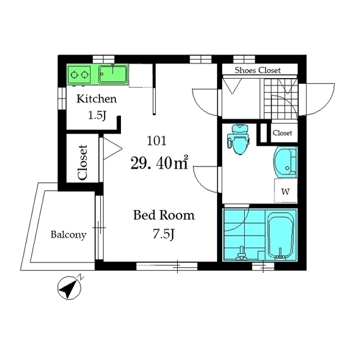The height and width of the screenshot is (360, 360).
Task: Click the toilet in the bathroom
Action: (x=238, y=140)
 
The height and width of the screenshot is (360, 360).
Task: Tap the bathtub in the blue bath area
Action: (x=281, y=235)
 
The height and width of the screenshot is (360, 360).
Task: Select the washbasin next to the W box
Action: (x=285, y=162)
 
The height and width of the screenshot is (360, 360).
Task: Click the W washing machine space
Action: (x=286, y=191)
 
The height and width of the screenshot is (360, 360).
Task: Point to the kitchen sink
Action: (x=112, y=74)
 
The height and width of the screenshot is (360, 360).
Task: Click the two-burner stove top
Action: (x=79, y=75)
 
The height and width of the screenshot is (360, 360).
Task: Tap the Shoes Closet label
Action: (x=258, y=70)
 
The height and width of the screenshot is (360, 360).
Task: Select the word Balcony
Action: (x=69, y=235)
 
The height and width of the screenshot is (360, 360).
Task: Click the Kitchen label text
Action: (x=96, y=99)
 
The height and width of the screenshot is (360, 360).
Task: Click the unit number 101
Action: (x=156, y=141)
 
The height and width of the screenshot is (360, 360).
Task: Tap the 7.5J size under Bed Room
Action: (x=164, y=234)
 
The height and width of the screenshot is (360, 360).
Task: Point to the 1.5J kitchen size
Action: (x=97, y=115)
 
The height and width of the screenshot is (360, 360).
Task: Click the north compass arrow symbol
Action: (x=69, y=286)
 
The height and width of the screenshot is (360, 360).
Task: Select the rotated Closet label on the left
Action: (x=83, y=163)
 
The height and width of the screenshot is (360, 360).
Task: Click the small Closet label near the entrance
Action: (x=282, y=133)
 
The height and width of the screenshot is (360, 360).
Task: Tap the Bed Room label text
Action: (x=164, y=215)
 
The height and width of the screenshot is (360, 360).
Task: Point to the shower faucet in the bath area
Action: (x=241, y=254)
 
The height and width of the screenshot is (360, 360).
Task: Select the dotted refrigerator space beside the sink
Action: (x=141, y=76)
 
